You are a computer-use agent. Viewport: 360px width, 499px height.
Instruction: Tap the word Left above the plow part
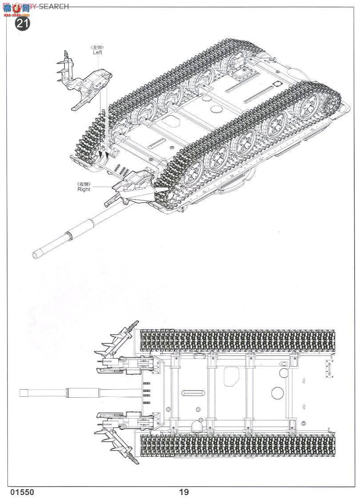click(98, 52)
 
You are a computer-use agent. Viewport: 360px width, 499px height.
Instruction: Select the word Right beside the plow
click(84, 189)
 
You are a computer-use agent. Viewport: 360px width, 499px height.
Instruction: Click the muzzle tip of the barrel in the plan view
click(21, 393)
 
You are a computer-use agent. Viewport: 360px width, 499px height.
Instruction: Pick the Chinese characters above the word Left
click(98, 46)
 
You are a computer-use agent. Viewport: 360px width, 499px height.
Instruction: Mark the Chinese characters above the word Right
click(84, 184)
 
